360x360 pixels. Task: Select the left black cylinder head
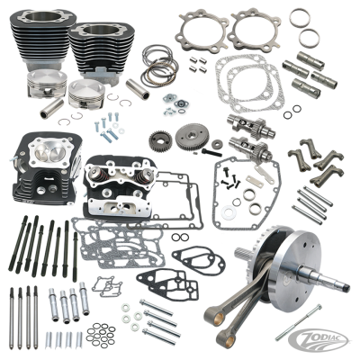[x=44, y=170]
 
